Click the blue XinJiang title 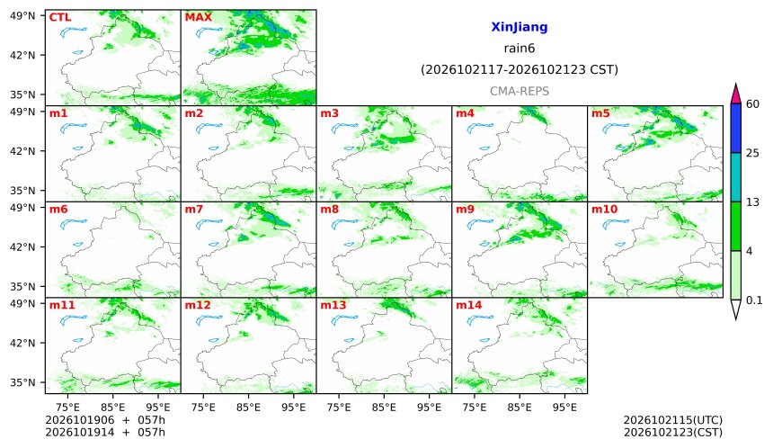pyautogui.click(x=520, y=27)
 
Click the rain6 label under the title pyautogui.click(x=520, y=49)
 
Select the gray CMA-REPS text pyautogui.click(x=520, y=91)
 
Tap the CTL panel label pyautogui.click(x=60, y=17)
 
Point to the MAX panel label pyautogui.click(x=198, y=17)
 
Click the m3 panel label pyautogui.click(x=330, y=113)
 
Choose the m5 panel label pyautogui.click(x=600, y=113)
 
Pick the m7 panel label pyautogui.click(x=194, y=210)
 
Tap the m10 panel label pyautogui.click(x=604, y=210)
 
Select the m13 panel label pyautogui.click(x=333, y=305)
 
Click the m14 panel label pyautogui.click(x=469, y=305)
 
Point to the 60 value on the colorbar pyautogui.click(x=753, y=104)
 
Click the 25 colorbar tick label pyautogui.click(x=753, y=154)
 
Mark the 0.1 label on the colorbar pyautogui.click(x=754, y=300)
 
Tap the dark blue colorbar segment pyautogui.click(x=735, y=129)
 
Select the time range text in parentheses pyautogui.click(x=520, y=69)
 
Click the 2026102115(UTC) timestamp pyautogui.click(x=673, y=420)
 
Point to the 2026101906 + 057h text pyautogui.click(x=105, y=420)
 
